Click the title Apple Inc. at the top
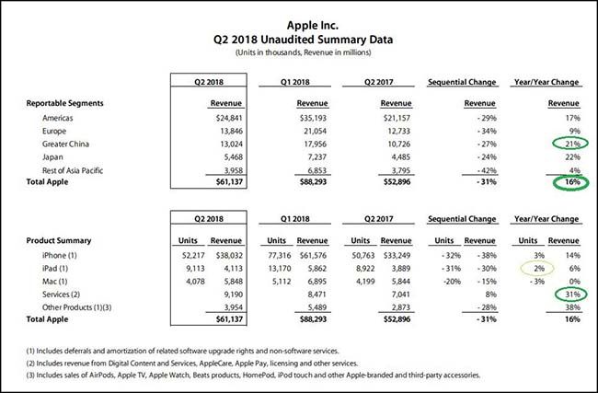(299, 26)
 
